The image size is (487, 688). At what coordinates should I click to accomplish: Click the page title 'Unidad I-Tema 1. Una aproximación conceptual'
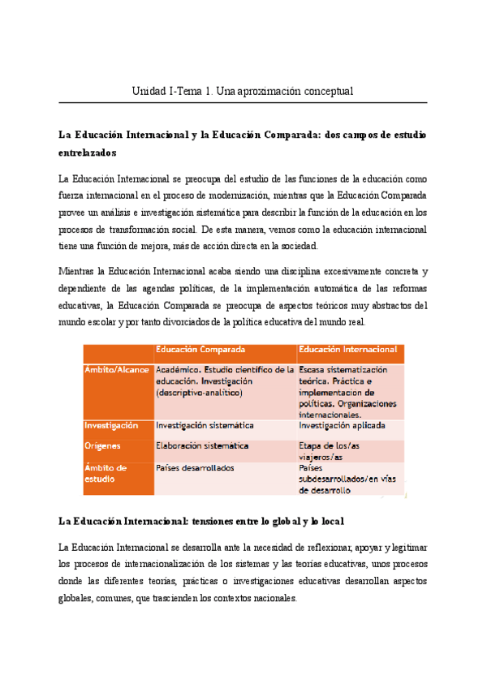(x=243, y=91)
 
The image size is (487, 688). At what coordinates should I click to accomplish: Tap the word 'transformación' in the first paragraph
(x=127, y=230)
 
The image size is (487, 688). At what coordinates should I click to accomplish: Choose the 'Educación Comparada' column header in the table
(x=200, y=350)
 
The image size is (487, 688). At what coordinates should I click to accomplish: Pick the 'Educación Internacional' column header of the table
(x=348, y=350)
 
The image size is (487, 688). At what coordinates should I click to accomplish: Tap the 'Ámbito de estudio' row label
(x=106, y=473)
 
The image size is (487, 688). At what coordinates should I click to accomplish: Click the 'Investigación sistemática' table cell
(x=204, y=425)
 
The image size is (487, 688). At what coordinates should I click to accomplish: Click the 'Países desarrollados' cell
(x=195, y=468)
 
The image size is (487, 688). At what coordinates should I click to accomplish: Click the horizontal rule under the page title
(x=243, y=103)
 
